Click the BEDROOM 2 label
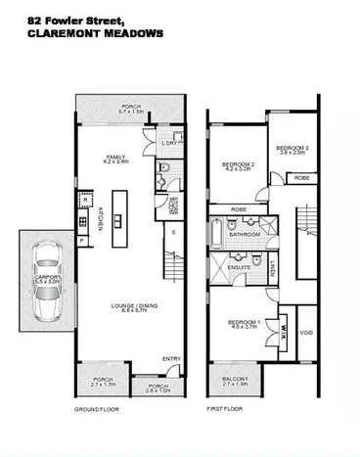[x=239, y=162]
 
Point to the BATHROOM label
[x=245, y=235]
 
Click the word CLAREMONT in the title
[x=43, y=32]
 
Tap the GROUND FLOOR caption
[x=96, y=409]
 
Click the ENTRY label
[x=171, y=359]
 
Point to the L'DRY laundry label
[x=167, y=145]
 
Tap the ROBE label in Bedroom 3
[x=302, y=178]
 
